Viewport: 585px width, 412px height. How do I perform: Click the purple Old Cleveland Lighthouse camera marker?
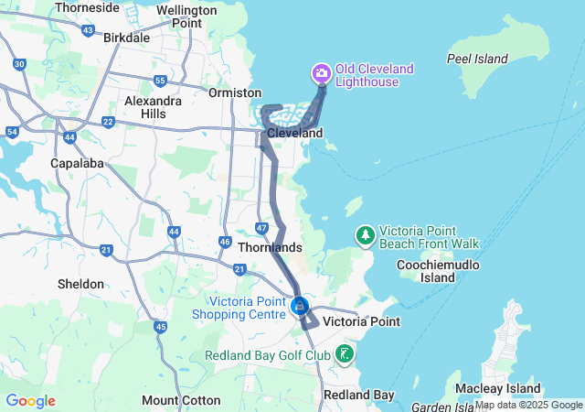pyautogui.click(x=321, y=72)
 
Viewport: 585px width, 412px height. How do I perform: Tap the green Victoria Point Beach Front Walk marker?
pyautogui.click(x=366, y=235)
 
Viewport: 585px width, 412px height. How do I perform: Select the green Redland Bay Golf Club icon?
pyautogui.click(x=345, y=353)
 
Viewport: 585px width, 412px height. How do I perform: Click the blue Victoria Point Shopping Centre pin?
pyautogui.click(x=299, y=306)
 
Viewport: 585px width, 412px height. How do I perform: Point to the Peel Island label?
pyautogui.click(x=476, y=59)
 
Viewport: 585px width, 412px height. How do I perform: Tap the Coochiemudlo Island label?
pyautogui.click(x=426, y=270)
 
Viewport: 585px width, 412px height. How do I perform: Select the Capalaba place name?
pyautogui.click(x=77, y=164)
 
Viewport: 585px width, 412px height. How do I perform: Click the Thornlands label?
pyautogui.click(x=269, y=247)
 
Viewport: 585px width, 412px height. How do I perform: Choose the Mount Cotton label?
pyautogui.click(x=181, y=400)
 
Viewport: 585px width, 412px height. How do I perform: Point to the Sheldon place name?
pyautogui.click(x=81, y=284)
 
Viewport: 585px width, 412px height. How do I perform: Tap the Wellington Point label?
pyautogui.click(x=186, y=16)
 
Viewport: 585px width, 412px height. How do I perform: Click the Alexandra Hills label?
pyautogui.click(x=153, y=106)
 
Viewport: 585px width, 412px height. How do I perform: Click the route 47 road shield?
pyautogui.click(x=261, y=227)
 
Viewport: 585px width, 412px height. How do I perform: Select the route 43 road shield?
pyautogui.click(x=88, y=30)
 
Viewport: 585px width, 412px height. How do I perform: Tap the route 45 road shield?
pyautogui.click(x=161, y=327)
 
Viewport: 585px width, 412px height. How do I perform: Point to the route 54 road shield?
pyautogui.click(x=12, y=132)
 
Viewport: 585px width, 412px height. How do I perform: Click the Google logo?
pyautogui.click(x=30, y=401)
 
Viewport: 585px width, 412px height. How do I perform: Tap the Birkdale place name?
pyautogui.click(x=127, y=38)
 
